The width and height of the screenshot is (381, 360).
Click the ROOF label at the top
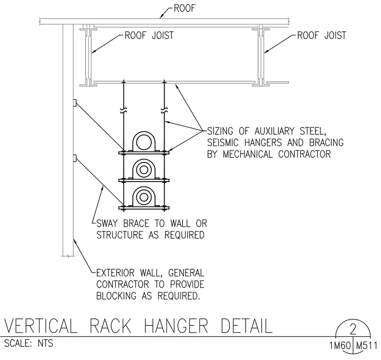pos(184,8)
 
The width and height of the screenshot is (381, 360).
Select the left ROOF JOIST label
pos(149,36)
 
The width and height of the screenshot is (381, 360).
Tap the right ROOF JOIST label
pos(321,36)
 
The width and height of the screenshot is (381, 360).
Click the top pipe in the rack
pos(144,142)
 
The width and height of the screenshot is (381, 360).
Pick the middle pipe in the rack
pos(144,169)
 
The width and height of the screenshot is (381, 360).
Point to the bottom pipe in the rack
pos(144,197)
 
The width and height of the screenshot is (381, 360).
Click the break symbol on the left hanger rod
pos(124,110)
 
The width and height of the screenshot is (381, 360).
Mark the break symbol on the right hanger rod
pos(164,110)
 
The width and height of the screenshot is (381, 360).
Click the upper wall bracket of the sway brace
pos(75,103)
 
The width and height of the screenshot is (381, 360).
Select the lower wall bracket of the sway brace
pos(75,158)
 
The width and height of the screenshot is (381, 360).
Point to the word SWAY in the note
pos(107,224)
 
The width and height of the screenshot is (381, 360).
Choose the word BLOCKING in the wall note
pos(116,296)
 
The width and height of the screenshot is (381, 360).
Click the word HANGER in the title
pos(176,326)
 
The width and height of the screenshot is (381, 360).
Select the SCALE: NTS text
pos(29,343)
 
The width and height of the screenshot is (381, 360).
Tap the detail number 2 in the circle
pos(353,329)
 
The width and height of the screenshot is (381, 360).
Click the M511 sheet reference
pos(366,345)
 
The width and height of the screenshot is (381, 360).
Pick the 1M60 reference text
pos(340,345)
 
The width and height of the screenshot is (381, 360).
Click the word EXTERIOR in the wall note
pos(115,273)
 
